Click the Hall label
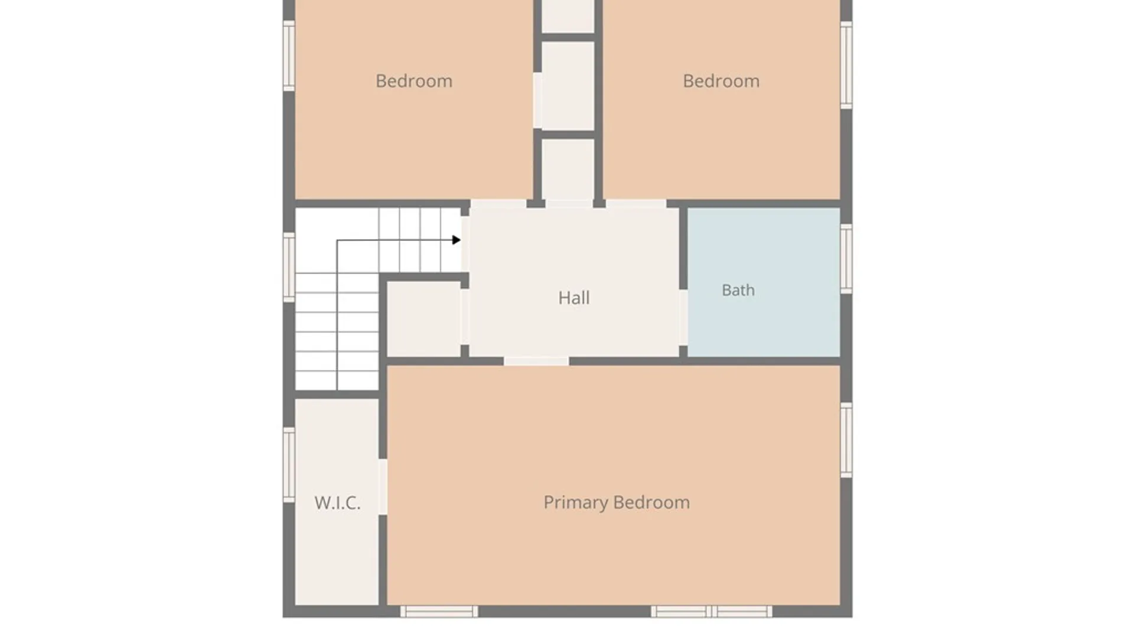coord(573,298)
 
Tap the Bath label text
coord(738,290)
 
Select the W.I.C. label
coord(337,503)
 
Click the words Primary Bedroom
coord(617,503)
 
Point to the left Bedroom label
coord(414,81)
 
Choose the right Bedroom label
coord(721,81)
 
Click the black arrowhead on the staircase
coord(456,240)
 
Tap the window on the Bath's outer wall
coord(846,258)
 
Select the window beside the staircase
coord(289,267)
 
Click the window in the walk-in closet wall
coord(289,465)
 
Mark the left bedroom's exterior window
coord(289,56)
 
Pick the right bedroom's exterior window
coord(846,65)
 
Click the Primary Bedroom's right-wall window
coord(846,440)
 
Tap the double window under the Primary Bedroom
coord(711,611)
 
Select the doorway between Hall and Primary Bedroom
coord(536,361)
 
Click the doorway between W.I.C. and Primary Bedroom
coord(383,487)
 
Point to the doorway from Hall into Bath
coord(683,318)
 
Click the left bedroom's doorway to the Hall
coord(498,204)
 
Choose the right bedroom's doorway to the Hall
coord(636,204)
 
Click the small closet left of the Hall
coord(424,319)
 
